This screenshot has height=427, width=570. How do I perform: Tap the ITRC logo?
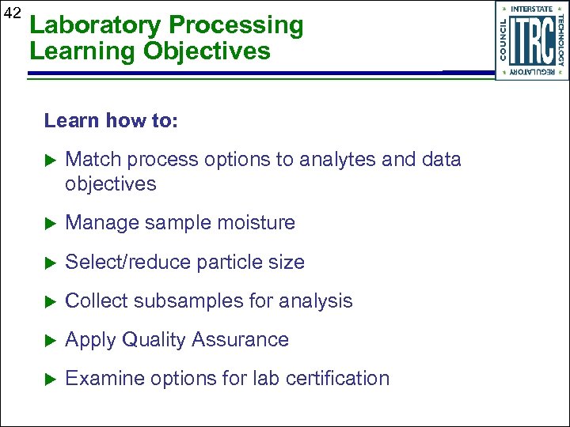pos(531,41)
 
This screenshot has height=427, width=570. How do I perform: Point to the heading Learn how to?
pos(112,120)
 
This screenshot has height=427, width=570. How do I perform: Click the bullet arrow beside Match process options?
pos(50,160)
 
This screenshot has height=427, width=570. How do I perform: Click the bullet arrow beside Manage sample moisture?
pos(50,224)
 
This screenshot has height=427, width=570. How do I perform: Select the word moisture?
pos(258,223)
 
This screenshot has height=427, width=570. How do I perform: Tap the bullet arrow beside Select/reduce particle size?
pos(50,263)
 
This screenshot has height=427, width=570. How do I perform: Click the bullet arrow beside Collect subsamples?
pos(50,301)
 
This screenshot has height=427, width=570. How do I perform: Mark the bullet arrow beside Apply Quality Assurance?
pos(50,340)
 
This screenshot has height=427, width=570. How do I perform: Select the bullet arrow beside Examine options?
pos(50,379)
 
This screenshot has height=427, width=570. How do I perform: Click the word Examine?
pos(98,379)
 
